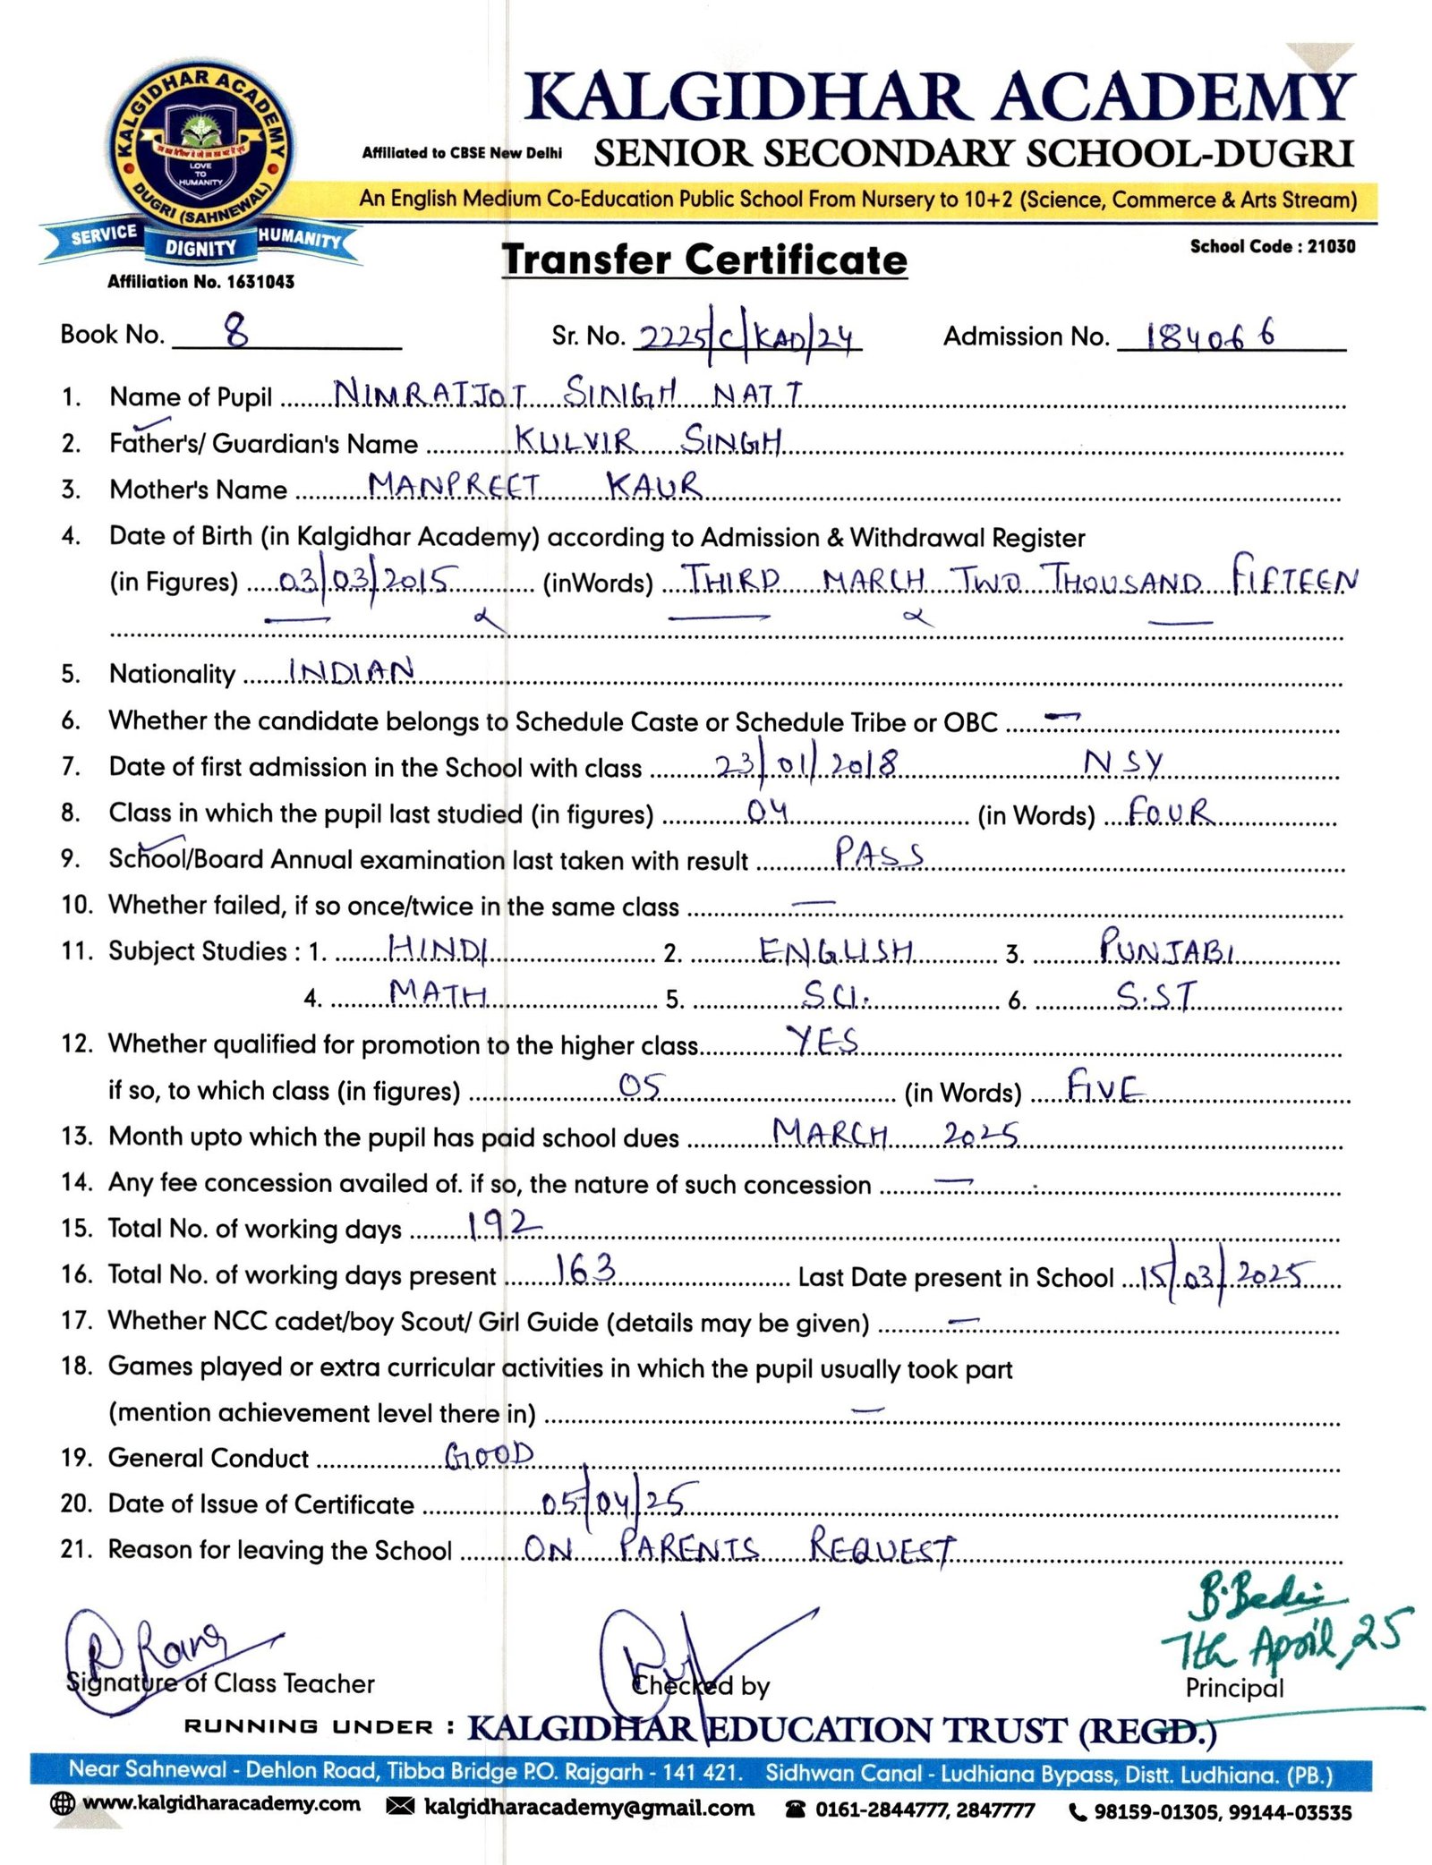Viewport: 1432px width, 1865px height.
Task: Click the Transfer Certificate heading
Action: (704, 260)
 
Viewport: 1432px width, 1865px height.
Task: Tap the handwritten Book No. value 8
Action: (236, 333)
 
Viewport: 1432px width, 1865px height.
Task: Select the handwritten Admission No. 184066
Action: (1211, 336)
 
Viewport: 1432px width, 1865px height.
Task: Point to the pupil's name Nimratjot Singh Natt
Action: (567, 393)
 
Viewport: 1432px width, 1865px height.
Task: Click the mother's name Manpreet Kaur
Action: (534, 485)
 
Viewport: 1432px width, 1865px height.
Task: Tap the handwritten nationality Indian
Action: (352, 670)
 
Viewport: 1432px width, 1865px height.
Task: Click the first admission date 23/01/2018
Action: (805, 764)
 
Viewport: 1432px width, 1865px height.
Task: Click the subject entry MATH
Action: (438, 992)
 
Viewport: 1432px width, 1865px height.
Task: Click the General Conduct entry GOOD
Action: (490, 1456)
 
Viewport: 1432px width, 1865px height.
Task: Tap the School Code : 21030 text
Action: (1272, 246)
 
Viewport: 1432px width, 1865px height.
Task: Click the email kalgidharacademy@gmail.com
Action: (588, 1807)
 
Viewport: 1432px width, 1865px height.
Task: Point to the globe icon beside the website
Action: (63, 1803)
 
